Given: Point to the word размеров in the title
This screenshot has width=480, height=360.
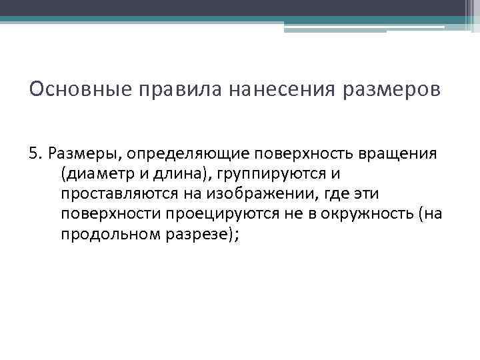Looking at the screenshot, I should tap(392, 90).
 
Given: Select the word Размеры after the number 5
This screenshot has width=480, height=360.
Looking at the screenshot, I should tap(82, 154).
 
